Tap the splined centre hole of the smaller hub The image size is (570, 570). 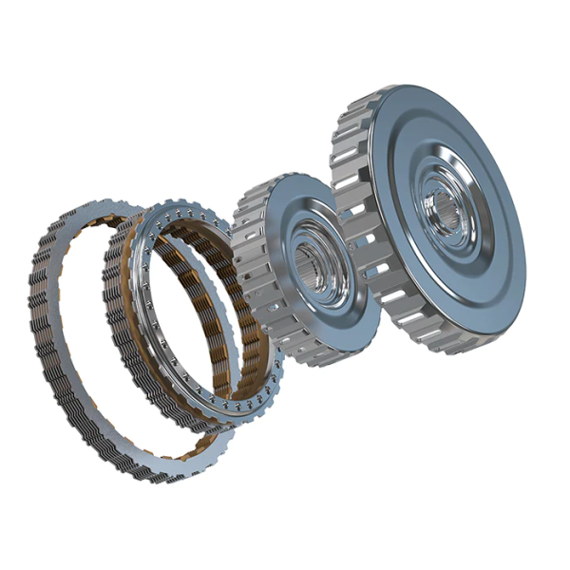click(309, 266)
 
